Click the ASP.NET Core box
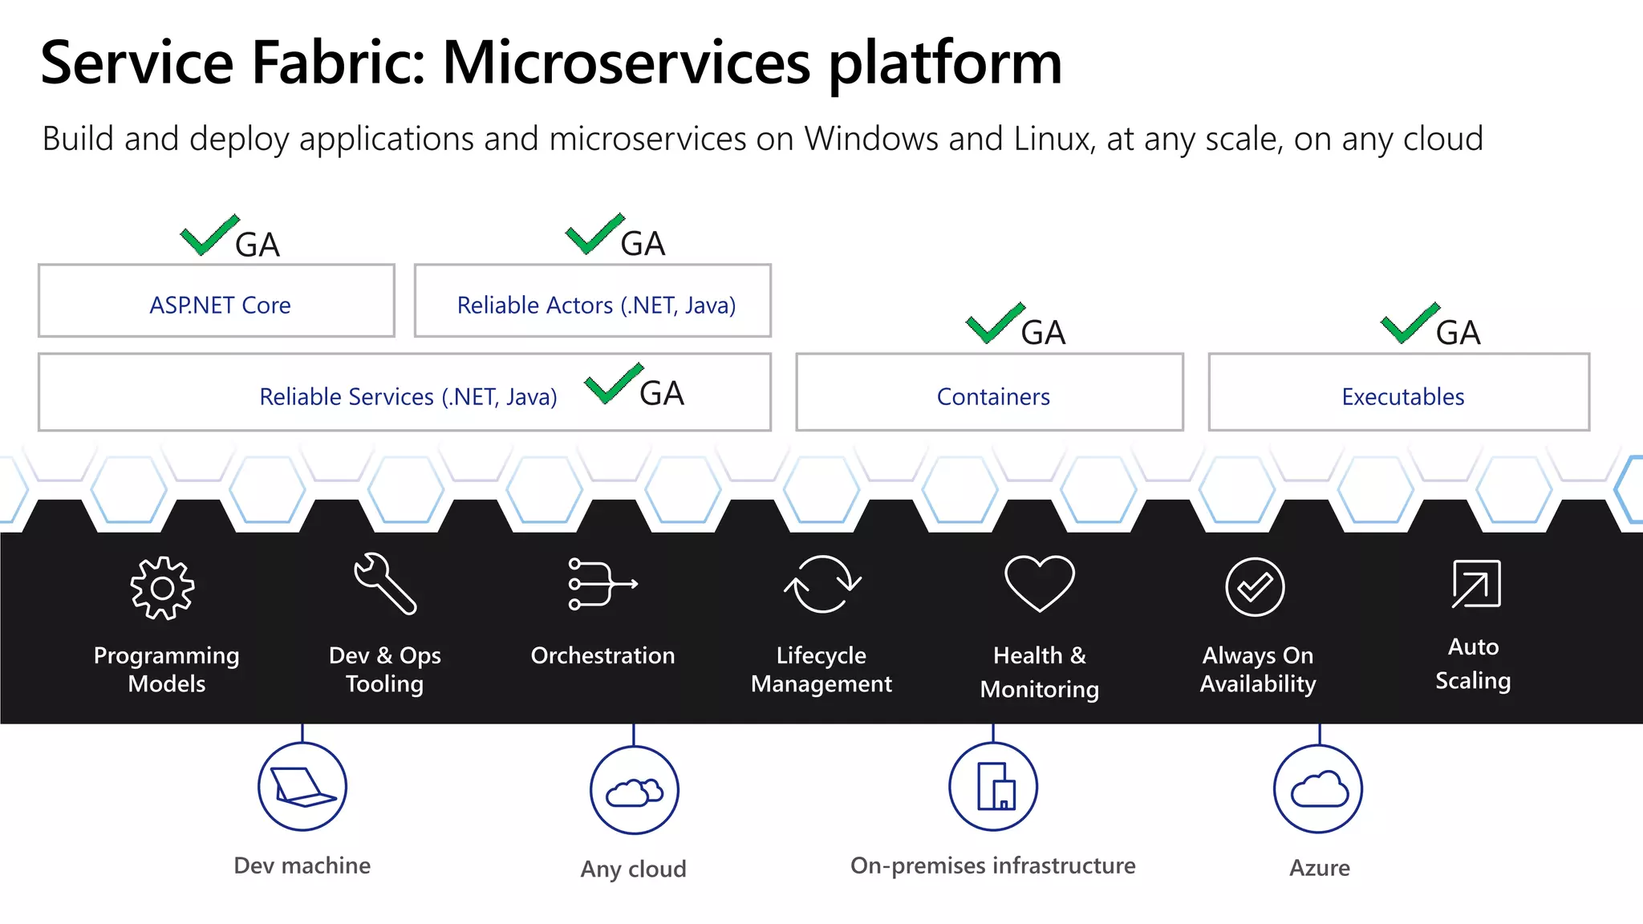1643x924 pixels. click(x=217, y=302)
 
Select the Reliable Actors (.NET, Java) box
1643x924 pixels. click(x=593, y=302)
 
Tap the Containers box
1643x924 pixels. click(x=989, y=393)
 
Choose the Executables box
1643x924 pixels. click(x=1399, y=393)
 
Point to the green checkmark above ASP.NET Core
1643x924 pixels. click(x=209, y=235)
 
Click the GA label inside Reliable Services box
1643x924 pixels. click(x=662, y=393)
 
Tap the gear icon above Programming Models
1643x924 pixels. click(x=163, y=588)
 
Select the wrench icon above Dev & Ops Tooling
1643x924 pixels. click(x=385, y=584)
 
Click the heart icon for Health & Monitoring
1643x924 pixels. click(x=1039, y=583)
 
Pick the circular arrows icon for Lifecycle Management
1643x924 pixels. click(x=822, y=584)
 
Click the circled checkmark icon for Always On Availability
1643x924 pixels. click(x=1255, y=587)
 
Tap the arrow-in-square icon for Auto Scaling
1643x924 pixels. click(x=1475, y=584)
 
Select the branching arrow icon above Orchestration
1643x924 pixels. click(x=602, y=584)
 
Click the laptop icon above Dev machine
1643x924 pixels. click(x=302, y=787)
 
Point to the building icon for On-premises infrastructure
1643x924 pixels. click(x=993, y=787)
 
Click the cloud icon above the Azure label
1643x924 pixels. click(x=1318, y=789)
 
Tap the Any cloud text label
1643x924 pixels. click(x=633, y=869)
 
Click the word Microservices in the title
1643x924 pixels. click(x=627, y=63)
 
